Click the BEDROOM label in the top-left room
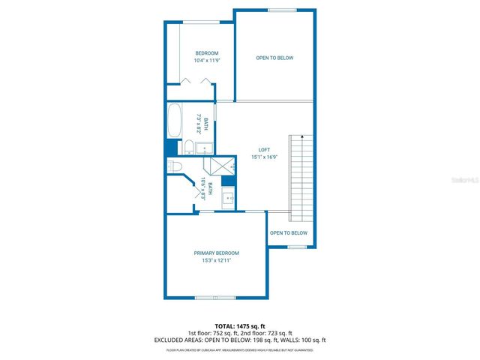[207, 52]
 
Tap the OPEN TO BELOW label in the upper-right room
[274, 58]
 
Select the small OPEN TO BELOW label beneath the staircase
[289, 233]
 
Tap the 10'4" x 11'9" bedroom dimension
[206, 60]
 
